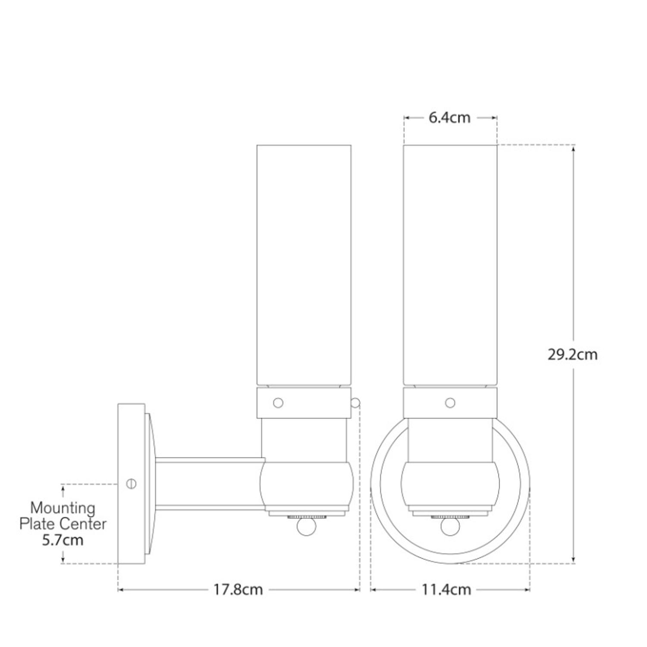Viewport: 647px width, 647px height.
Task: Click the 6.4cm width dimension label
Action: [449, 118]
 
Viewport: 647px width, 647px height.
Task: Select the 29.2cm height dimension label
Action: [573, 355]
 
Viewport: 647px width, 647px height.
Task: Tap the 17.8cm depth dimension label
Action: [238, 590]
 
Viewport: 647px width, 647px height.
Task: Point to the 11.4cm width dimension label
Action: [446, 590]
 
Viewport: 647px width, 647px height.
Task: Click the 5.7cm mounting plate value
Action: [63, 540]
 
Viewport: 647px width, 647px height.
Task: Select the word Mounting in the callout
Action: [63, 508]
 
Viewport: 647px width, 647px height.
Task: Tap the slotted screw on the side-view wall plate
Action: [132, 484]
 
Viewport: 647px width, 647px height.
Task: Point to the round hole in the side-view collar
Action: [278, 403]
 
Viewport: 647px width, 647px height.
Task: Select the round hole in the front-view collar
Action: [450, 403]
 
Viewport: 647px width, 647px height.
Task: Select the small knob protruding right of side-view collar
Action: [355, 403]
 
